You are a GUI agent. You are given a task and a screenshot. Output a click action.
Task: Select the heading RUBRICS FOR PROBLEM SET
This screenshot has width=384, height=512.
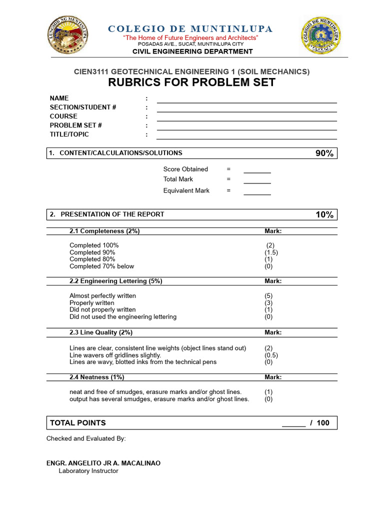pyautogui.click(x=191, y=82)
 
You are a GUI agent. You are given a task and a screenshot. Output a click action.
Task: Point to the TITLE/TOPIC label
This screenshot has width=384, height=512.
pyautogui.click(x=69, y=134)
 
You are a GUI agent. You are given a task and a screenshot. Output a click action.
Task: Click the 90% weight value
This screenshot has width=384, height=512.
pyautogui.click(x=324, y=153)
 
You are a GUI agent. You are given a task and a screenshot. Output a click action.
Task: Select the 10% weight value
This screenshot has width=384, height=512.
pyautogui.click(x=324, y=215)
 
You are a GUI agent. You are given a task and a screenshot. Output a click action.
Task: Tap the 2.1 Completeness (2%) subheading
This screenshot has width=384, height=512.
pyautogui.click(x=104, y=231)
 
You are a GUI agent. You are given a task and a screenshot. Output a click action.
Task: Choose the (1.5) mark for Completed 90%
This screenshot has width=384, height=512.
pyautogui.click(x=271, y=252)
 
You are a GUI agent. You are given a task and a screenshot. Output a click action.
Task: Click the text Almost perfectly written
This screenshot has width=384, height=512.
pyautogui.click(x=102, y=296)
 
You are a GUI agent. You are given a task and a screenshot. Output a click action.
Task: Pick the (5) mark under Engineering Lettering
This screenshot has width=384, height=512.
pyautogui.click(x=269, y=296)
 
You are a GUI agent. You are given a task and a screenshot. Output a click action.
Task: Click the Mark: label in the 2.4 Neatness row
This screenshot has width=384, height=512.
pyautogui.click(x=273, y=377)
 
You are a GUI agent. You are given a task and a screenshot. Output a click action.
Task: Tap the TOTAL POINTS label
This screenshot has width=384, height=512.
pyautogui.click(x=78, y=423)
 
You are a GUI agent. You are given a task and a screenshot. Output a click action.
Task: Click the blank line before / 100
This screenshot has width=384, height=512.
pyautogui.click(x=293, y=423)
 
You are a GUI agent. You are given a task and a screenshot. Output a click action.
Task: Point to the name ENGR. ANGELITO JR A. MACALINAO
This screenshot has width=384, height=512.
pyautogui.click(x=103, y=463)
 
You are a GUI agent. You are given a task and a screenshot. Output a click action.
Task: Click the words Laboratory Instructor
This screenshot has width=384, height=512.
pyautogui.click(x=88, y=471)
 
